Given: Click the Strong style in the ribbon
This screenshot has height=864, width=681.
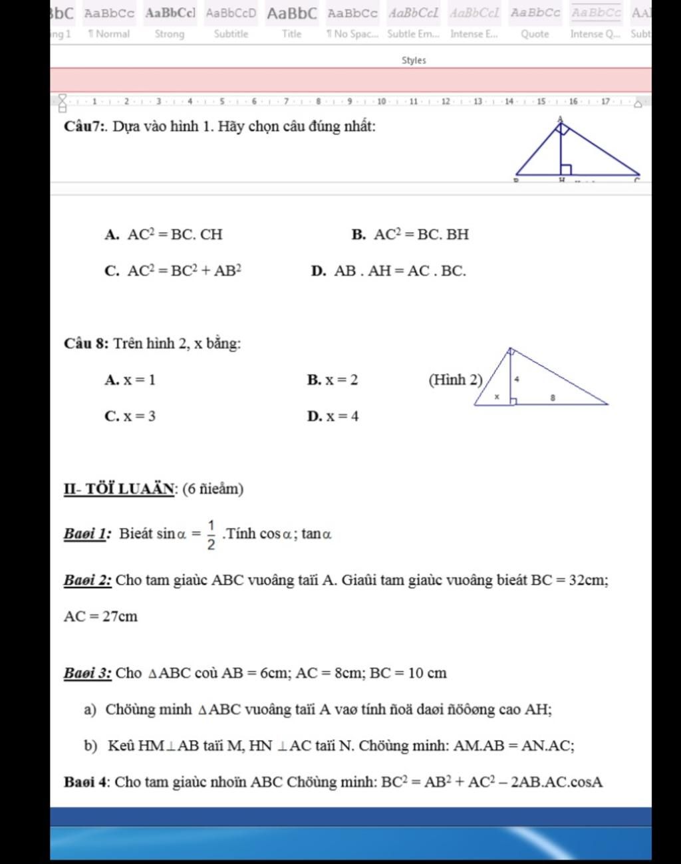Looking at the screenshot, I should (170, 22).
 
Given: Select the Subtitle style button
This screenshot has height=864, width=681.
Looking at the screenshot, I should (231, 22).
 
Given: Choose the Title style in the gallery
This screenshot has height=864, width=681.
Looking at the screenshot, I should (292, 22).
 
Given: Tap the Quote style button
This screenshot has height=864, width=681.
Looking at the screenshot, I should (535, 22).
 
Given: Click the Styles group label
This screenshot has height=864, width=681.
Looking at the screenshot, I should (414, 61).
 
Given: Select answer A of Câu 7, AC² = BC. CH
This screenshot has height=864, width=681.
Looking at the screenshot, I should (174, 234).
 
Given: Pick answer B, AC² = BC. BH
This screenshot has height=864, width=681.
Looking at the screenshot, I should (421, 234).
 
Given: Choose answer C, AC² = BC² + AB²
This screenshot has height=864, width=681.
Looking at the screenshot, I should (184, 271).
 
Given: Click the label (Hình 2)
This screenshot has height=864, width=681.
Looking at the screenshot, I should (456, 380).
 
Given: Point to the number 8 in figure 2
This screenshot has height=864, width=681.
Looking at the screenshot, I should (552, 397).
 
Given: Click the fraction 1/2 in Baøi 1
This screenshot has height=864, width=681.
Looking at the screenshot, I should (211, 535).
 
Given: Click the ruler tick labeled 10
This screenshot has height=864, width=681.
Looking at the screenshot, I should (381, 102).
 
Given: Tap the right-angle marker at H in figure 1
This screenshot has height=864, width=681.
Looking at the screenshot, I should (566, 170).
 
